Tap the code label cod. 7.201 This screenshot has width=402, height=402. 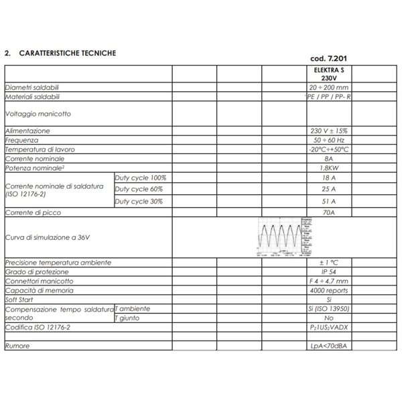pos(328,58)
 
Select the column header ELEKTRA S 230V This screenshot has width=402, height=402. pos(328,74)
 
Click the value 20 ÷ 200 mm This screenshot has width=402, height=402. pos(328,88)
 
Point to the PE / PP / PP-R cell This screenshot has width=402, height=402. pos(328,97)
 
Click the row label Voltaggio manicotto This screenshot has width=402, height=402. pos(38,114)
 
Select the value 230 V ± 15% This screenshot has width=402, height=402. pos(328,131)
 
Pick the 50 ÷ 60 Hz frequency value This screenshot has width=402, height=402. pos(328,140)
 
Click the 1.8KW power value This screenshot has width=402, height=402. pos(328,168)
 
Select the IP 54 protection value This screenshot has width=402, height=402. pos(328,273)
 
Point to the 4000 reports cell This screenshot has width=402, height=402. pos(328,291)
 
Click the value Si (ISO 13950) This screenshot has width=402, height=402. pos(328,309)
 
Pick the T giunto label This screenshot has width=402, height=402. pos(129,318)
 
